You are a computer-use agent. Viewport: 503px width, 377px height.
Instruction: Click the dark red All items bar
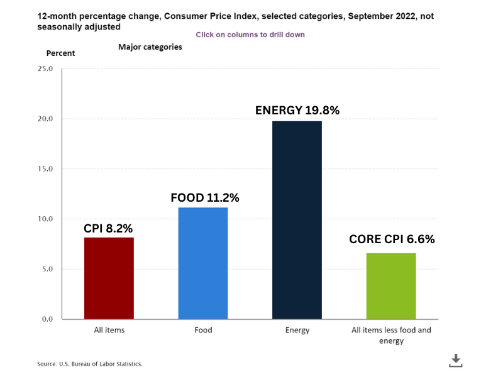click(x=109, y=278)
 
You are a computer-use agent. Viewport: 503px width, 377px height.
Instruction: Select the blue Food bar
click(x=203, y=263)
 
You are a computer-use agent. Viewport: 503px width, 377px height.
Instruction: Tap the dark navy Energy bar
click(x=297, y=220)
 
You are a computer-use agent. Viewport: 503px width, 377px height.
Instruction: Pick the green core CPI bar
click(x=391, y=286)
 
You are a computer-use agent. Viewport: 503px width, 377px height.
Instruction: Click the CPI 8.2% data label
click(x=109, y=228)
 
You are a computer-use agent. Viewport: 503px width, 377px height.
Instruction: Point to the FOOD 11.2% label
click(x=205, y=198)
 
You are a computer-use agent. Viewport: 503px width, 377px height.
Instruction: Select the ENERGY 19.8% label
click(x=297, y=111)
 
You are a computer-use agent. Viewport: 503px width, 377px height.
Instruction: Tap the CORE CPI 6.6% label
click(x=392, y=239)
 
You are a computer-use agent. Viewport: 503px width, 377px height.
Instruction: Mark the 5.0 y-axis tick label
click(x=47, y=270)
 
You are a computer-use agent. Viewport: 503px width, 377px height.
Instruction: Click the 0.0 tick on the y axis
click(x=47, y=319)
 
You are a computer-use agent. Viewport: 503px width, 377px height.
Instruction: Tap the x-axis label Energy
click(x=297, y=331)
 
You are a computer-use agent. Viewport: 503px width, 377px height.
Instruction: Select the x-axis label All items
click(x=109, y=331)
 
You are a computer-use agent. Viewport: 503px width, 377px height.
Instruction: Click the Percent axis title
click(x=60, y=53)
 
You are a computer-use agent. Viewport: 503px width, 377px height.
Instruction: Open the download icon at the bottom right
click(x=456, y=361)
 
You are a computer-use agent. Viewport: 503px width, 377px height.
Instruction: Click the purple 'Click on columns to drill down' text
click(x=250, y=35)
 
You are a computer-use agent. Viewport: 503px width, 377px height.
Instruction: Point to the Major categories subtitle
click(x=150, y=47)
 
